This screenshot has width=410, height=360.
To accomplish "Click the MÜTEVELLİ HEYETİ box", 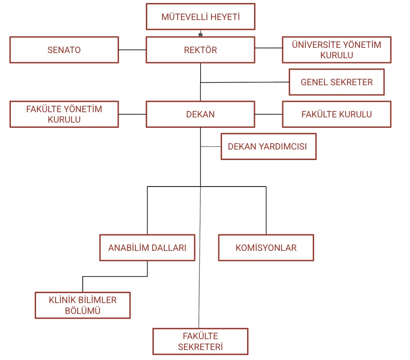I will [200, 17].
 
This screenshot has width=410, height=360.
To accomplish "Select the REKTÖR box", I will [200, 50].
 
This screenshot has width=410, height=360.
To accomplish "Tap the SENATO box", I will [64, 50].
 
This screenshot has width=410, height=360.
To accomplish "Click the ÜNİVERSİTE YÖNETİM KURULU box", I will [336, 50].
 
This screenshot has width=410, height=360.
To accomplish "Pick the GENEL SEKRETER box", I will [337, 82].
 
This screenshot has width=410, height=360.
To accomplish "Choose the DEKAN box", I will [200, 114].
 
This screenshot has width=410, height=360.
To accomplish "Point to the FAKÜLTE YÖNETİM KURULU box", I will [64, 114].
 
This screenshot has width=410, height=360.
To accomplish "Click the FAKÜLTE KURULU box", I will [336, 114].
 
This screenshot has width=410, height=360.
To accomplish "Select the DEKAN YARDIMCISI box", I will [268, 147].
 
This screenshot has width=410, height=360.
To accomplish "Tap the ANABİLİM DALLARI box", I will [147, 248].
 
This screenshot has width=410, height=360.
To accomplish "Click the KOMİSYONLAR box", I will [266, 248].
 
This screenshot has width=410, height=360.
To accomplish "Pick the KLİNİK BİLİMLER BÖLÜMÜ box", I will [82, 305].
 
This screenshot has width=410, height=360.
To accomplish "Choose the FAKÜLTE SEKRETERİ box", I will [200, 341].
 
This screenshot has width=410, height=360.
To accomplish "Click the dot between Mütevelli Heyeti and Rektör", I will [200, 34].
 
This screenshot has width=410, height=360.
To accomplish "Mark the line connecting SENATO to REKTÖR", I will [132, 50].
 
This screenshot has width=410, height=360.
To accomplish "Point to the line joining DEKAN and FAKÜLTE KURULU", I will [268, 114].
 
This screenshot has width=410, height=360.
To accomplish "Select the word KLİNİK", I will [62, 300].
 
